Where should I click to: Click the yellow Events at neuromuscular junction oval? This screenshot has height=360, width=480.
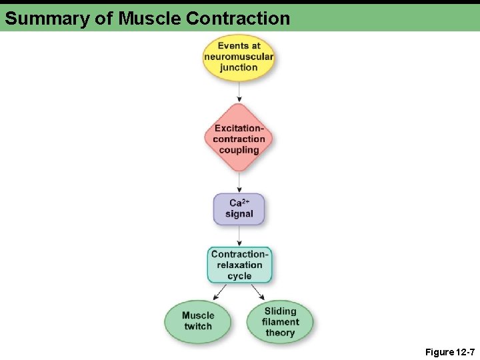pos(239,57)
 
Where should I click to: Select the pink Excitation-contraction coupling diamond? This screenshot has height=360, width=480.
pos(239,139)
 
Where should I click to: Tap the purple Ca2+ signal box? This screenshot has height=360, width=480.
pos(239,209)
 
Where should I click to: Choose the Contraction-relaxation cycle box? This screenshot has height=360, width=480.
pos(239,265)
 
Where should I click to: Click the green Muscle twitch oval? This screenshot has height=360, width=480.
pos(198,321)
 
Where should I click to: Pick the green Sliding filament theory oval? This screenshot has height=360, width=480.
pos(280,321)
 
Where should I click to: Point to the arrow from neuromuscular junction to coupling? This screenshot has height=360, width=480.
pos(239,92)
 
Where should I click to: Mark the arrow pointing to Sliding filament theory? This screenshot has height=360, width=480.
pos(259,292)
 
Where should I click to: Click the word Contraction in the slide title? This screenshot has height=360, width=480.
pos(238,19)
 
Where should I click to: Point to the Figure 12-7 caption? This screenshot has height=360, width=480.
pos(449,351)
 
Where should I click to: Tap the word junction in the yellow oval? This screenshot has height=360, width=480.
pos(239,67)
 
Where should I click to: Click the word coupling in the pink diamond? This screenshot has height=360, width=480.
pos(239,150)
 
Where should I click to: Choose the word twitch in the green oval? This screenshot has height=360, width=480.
pos(198,327)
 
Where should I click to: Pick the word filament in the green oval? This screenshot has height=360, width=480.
pos(281,322)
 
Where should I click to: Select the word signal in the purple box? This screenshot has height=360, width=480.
pos(239,214)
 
